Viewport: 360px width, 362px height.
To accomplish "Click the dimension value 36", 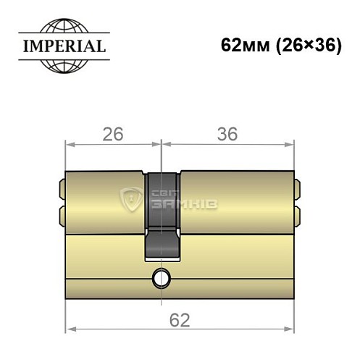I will (228, 134).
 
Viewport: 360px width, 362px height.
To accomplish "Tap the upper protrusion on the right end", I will (297, 190).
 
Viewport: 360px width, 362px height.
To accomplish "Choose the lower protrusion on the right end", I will (297, 215).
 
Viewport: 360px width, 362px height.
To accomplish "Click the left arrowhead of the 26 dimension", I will (70, 144).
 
